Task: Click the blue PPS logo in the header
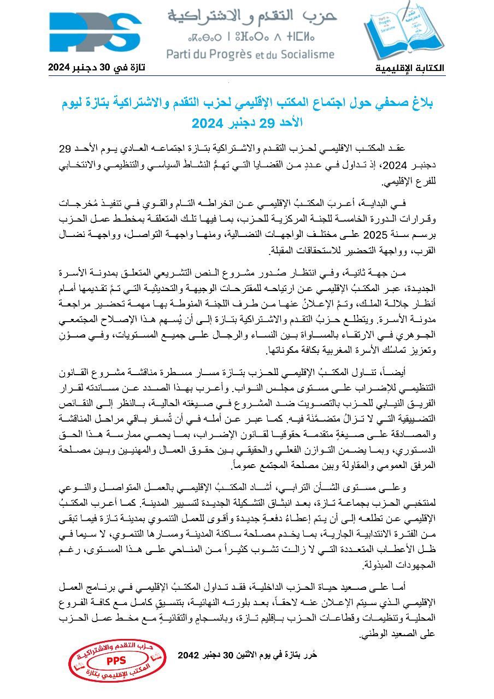point(96,34)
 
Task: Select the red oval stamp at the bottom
point(117,662)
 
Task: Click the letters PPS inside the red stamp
point(116,660)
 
